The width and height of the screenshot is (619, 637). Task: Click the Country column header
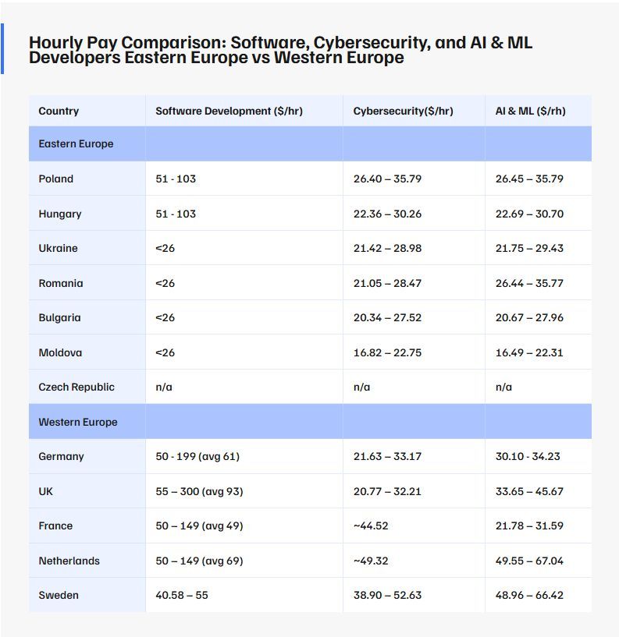59,111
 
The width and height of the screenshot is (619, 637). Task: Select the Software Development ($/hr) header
229,111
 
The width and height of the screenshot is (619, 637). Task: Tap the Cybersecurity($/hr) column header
403,111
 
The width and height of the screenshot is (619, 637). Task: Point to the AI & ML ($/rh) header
530,111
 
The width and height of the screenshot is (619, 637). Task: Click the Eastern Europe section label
76,144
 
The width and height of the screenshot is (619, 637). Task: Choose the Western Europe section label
78,423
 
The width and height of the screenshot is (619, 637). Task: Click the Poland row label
56,179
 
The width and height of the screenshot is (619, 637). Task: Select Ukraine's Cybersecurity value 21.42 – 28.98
387,249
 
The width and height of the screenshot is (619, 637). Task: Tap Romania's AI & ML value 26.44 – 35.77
529,284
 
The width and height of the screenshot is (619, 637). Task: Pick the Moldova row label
60,353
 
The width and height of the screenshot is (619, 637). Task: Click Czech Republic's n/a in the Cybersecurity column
362,388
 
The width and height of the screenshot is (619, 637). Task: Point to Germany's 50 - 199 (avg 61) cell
197,457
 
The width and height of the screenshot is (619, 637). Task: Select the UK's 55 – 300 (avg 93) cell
199,492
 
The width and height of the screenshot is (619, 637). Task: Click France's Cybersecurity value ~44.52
371,526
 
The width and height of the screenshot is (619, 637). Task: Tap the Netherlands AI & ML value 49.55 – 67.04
529,561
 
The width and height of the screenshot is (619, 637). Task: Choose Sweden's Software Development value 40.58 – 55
182,596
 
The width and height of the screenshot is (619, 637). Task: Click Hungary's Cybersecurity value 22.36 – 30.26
387,214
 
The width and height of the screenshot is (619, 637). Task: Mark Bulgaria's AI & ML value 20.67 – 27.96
529,318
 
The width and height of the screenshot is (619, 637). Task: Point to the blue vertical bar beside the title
2,49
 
